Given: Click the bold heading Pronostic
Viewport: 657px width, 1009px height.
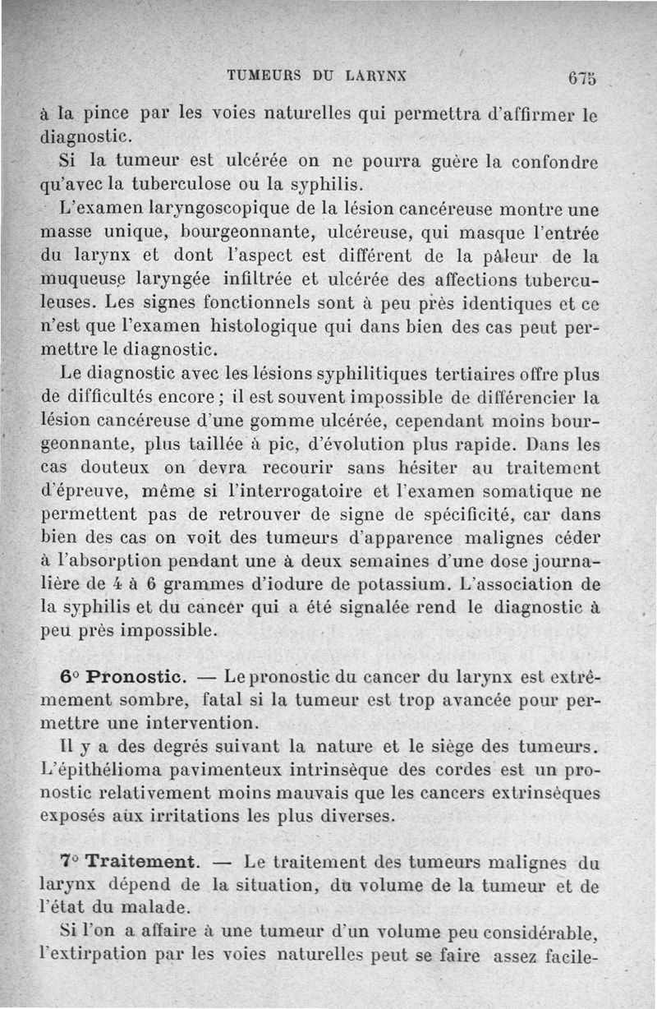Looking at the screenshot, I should click(136, 676).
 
